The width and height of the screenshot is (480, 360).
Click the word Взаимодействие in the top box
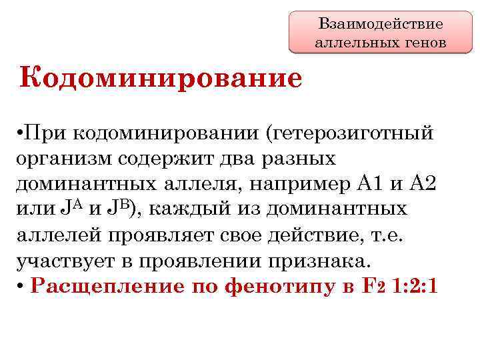coord(381,25)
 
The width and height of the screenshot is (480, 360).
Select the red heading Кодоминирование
coord(161,78)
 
